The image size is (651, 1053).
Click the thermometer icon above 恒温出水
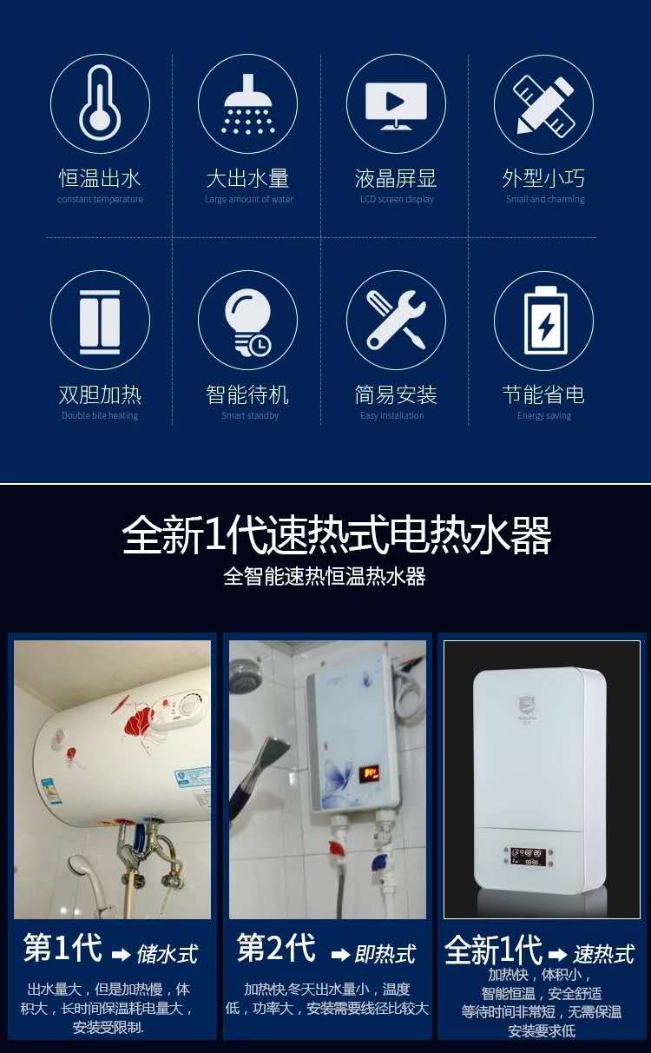(100, 104)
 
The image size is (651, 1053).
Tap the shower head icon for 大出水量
(248, 104)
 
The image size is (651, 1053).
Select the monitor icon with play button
(396, 104)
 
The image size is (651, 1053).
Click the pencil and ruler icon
(543, 104)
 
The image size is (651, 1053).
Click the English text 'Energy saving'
(544, 416)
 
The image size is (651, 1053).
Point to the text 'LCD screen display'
(397, 200)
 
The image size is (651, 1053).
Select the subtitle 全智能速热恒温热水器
(325, 576)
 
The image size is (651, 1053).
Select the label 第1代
(62, 948)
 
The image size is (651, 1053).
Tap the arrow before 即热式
(339, 955)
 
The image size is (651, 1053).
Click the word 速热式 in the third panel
(604, 954)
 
